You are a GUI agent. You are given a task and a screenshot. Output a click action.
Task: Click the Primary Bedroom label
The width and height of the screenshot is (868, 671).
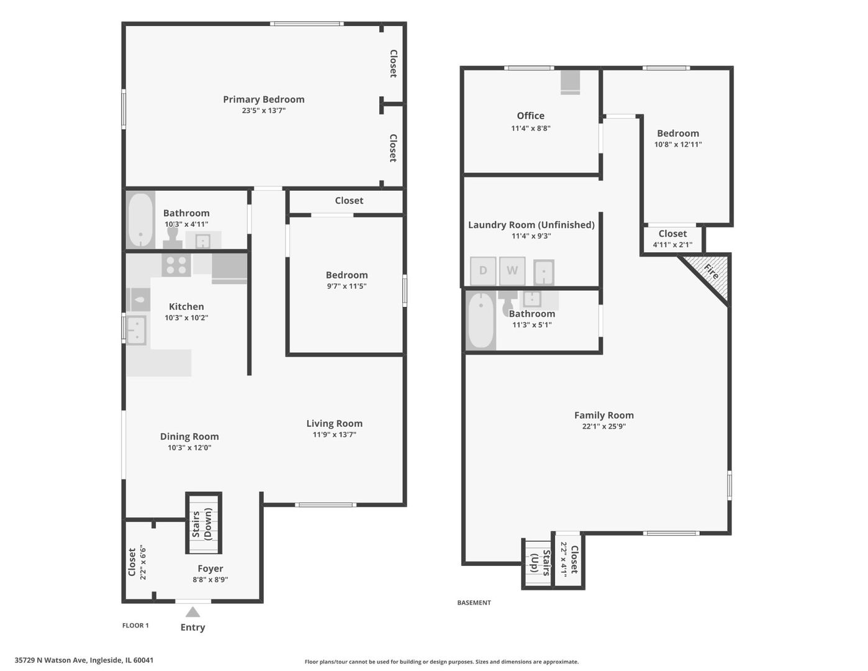[x=264, y=99]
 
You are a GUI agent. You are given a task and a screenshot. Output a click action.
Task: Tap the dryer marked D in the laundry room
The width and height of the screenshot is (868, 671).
[x=483, y=271]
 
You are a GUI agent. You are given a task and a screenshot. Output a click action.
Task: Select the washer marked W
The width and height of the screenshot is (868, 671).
[x=512, y=271]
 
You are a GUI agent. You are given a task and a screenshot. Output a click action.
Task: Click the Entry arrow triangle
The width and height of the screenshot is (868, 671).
[x=192, y=612]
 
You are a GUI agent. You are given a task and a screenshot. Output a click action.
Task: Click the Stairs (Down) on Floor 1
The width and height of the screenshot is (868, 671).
[x=203, y=523]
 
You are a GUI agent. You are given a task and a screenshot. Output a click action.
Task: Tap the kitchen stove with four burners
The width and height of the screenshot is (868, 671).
[x=176, y=265]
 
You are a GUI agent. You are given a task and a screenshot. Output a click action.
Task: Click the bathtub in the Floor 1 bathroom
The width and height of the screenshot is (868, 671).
[x=140, y=220]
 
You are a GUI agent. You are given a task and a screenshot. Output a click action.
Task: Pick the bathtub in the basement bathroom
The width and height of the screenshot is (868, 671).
[x=481, y=321]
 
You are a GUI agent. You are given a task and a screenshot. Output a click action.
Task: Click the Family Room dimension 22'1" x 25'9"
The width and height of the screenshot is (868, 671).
[x=604, y=426]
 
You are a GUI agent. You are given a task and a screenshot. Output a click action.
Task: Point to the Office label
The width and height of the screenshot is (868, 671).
[x=530, y=116]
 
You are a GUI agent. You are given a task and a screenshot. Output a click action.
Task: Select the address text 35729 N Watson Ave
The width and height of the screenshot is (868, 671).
[x=50, y=660]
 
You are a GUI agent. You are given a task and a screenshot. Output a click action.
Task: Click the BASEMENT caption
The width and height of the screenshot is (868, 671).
[x=474, y=603]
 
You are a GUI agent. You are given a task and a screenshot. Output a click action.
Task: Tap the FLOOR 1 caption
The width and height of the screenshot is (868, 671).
[x=135, y=626]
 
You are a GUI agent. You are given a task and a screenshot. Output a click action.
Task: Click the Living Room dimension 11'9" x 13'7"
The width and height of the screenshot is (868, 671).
[x=334, y=434]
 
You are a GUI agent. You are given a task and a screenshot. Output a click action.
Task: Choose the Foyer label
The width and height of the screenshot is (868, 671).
[x=210, y=568]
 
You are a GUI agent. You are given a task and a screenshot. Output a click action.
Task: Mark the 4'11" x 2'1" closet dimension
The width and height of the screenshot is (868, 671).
[x=672, y=245]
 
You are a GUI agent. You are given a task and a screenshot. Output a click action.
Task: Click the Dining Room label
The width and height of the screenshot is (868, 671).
[x=189, y=436]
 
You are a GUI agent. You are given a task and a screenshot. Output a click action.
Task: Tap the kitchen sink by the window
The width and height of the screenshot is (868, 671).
[x=136, y=330]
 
